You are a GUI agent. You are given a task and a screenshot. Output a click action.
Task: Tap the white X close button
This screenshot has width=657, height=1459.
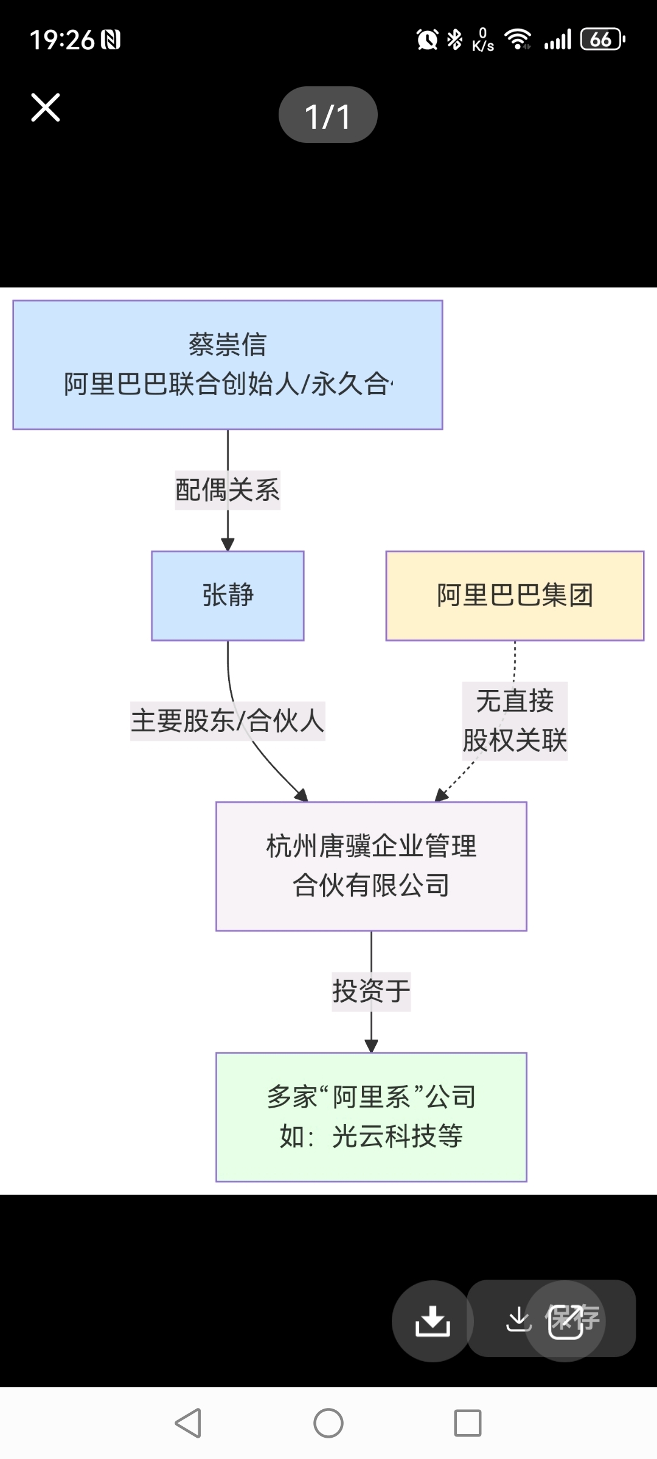point(46,108)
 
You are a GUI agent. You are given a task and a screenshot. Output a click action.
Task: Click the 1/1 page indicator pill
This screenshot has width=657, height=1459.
point(328,115)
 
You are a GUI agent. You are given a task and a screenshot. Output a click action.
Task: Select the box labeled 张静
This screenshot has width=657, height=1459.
point(228,595)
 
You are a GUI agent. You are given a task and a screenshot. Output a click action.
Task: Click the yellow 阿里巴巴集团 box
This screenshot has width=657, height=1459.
point(515,595)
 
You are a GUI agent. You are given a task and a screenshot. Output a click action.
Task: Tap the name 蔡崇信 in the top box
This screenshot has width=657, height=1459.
point(228,345)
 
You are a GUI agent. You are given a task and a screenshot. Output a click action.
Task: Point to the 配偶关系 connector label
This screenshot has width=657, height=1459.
point(228,490)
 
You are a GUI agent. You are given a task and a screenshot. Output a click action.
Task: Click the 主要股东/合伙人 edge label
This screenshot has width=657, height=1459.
point(228,721)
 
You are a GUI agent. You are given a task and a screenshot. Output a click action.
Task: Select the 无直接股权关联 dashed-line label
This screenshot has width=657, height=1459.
point(515,721)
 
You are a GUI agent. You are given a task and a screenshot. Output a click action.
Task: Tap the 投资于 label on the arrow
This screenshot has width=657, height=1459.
point(371,992)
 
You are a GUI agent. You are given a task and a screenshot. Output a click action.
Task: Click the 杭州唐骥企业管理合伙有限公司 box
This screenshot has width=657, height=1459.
point(371,866)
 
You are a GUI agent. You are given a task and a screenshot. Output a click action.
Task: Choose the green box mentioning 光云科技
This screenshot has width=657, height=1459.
point(371,1117)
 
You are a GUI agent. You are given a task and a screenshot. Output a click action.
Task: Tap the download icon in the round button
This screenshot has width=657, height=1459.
point(433,1320)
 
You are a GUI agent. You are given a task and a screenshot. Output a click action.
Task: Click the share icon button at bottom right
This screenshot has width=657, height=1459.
point(566,1320)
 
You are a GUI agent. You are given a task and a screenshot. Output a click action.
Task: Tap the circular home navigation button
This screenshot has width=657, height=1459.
point(328,1423)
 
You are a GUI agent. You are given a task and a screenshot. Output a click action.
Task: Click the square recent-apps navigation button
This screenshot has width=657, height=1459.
point(468,1423)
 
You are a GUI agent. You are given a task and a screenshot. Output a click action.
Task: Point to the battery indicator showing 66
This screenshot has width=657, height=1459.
point(602,40)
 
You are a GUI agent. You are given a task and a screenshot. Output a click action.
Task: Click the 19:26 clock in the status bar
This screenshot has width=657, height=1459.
point(62,40)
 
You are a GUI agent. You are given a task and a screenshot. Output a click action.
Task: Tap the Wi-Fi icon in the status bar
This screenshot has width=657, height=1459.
point(518,39)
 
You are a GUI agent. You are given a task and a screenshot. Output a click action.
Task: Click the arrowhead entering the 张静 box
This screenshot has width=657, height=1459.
point(228,544)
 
